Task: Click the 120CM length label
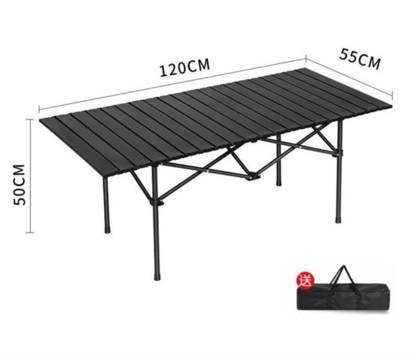184,67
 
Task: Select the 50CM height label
20,185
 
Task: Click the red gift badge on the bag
305,281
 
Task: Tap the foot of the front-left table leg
107,230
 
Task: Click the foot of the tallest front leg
157,277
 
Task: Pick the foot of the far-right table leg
338,220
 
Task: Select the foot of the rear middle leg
279,183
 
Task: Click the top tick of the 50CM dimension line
30,119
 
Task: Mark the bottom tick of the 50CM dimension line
30,232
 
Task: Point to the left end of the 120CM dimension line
39,109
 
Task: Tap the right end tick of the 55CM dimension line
392,96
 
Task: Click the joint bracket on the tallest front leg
156,202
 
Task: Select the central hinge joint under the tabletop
252,177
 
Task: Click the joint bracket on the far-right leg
338,153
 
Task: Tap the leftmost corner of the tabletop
40,120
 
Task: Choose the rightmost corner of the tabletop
391,106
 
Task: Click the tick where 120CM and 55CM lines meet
306,59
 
